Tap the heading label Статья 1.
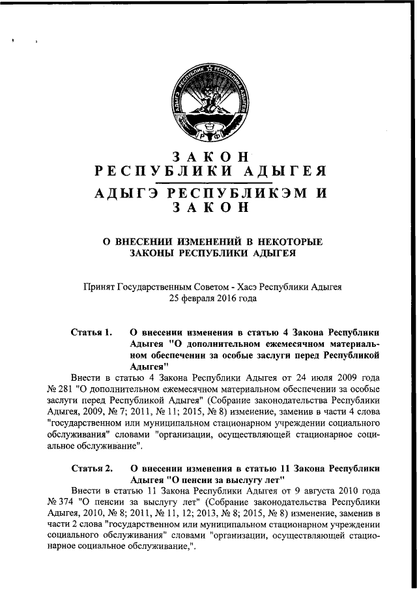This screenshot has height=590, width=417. point(92,332)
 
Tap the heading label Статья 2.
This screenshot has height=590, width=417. point(92,468)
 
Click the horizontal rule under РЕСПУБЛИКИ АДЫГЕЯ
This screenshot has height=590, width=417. point(208,183)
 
